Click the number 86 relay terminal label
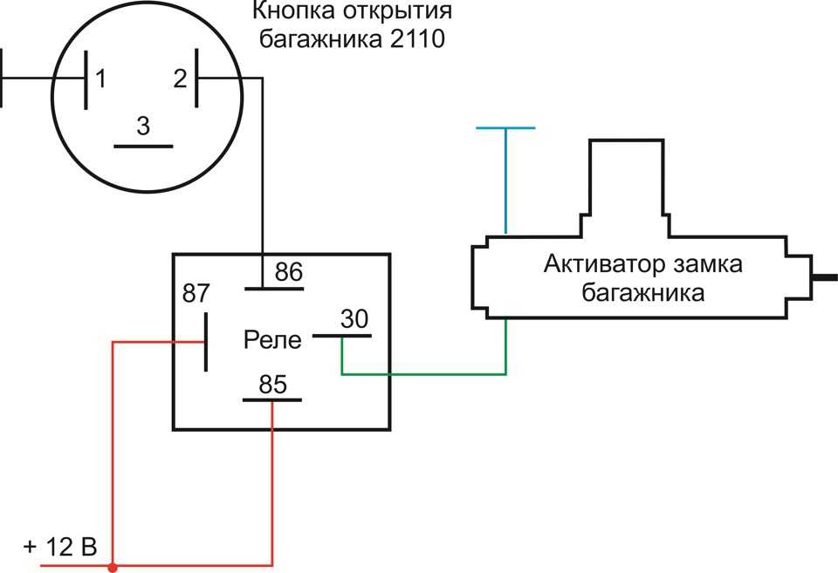[289, 272]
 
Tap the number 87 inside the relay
[196, 293]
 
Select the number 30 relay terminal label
[354, 319]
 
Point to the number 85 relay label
[272, 385]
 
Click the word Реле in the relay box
[272, 339]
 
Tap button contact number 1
[100, 79]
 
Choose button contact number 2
[180, 78]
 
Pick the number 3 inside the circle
[142, 126]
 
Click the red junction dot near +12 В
[113, 567]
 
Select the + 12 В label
[60, 547]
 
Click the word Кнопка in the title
[294, 10]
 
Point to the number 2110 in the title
[417, 39]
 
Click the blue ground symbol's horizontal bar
[505, 128]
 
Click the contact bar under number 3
[143, 147]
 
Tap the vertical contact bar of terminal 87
[206, 342]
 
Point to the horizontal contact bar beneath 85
[272, 399]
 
